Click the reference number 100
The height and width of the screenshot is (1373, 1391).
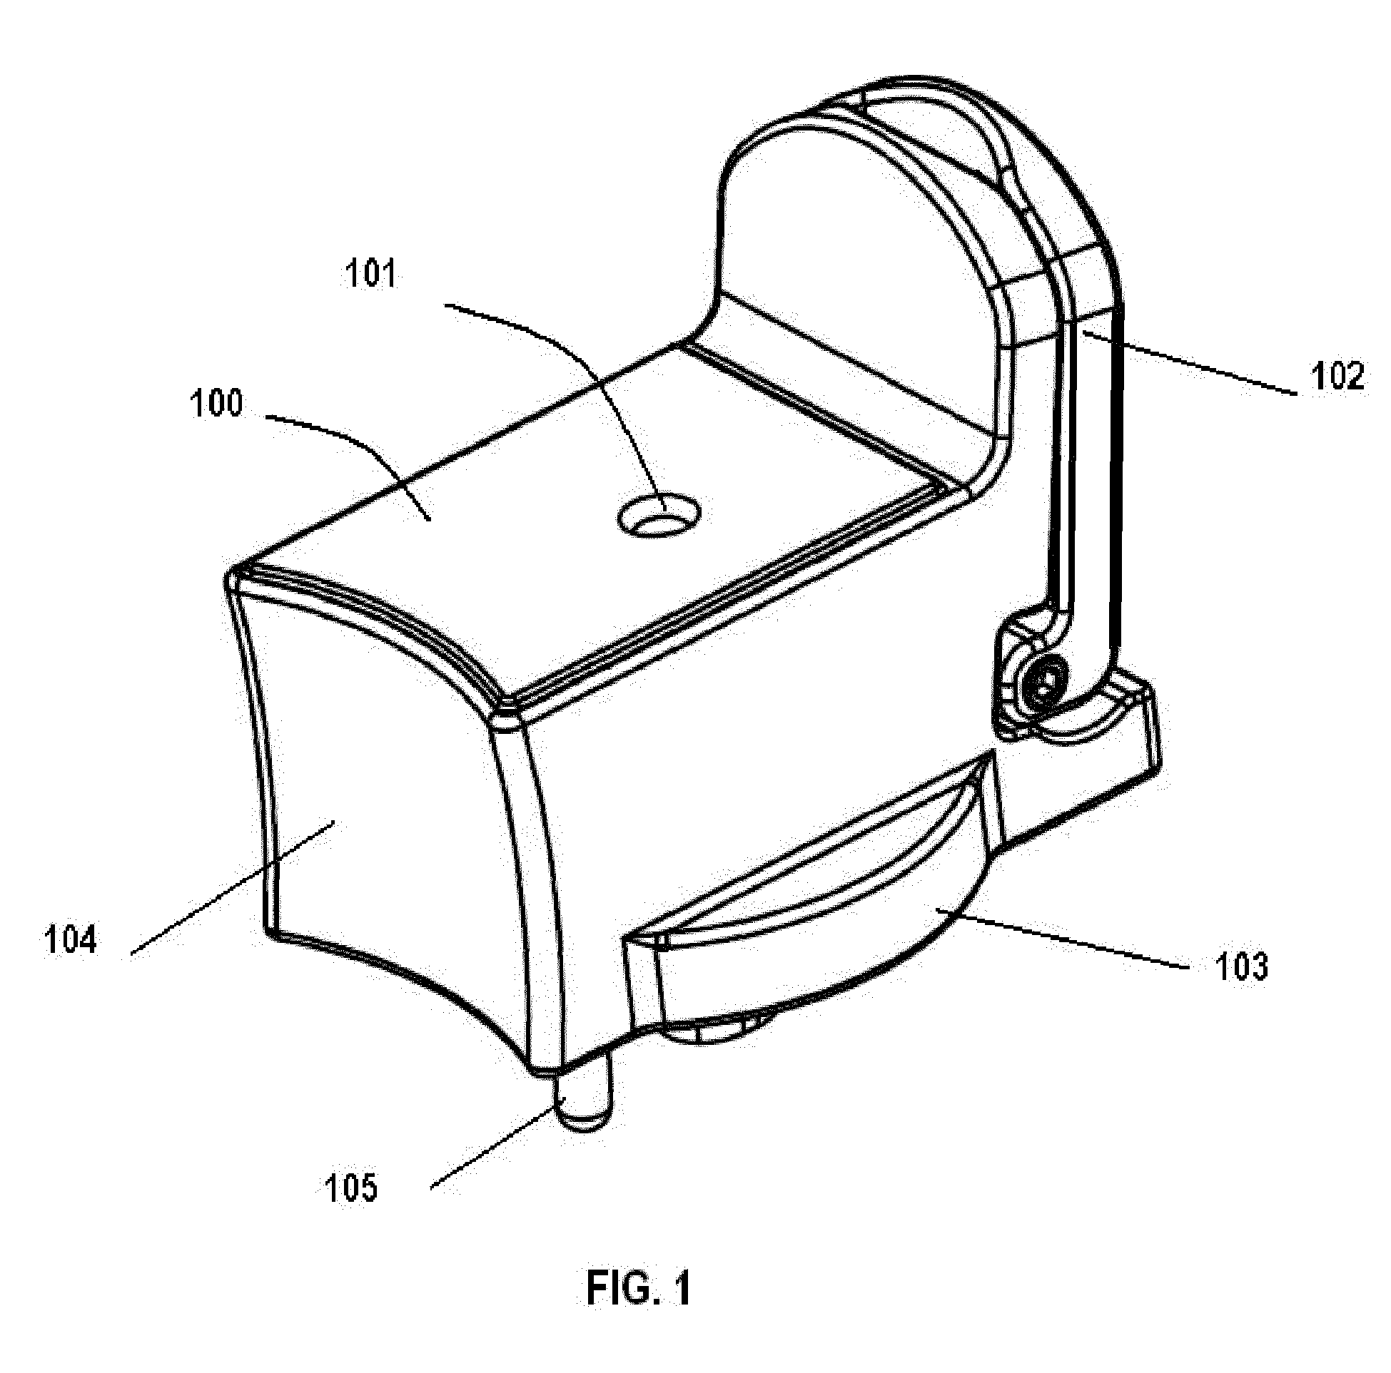coord(217,404)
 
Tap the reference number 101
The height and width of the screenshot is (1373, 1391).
coord(372,275)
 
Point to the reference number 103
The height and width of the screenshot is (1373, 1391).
coord(1240,967)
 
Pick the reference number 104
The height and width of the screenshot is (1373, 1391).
coord(71,941)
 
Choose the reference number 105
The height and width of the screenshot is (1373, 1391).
coord(351,1188)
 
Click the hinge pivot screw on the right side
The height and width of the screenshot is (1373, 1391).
coord(1046,680)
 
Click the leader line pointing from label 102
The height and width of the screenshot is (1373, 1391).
coord(1188,363)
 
